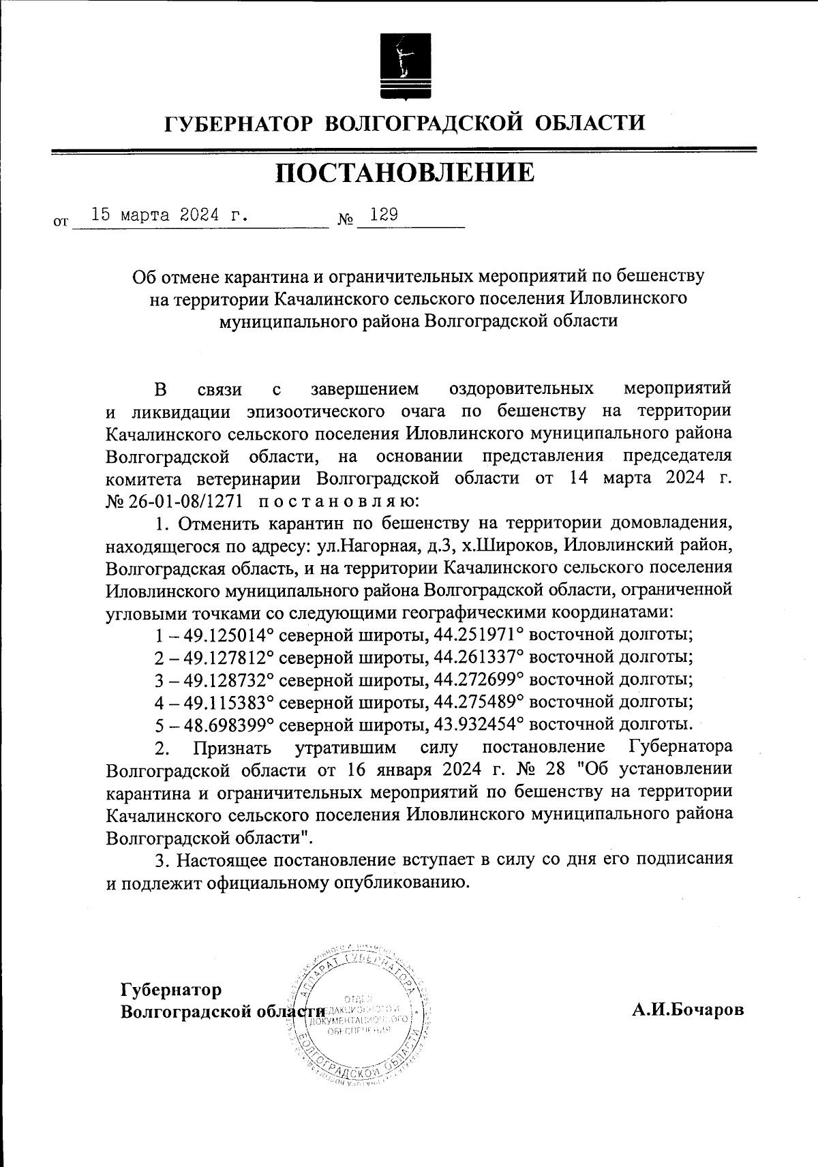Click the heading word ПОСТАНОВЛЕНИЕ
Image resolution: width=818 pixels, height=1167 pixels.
pos(405,173)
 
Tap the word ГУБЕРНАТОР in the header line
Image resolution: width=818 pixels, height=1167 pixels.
pos(238,123)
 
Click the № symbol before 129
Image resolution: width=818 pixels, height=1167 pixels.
pos(346,220)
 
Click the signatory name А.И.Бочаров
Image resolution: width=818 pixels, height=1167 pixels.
pos(687,1010)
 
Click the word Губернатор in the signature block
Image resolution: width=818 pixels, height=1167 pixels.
pos(171,989)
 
